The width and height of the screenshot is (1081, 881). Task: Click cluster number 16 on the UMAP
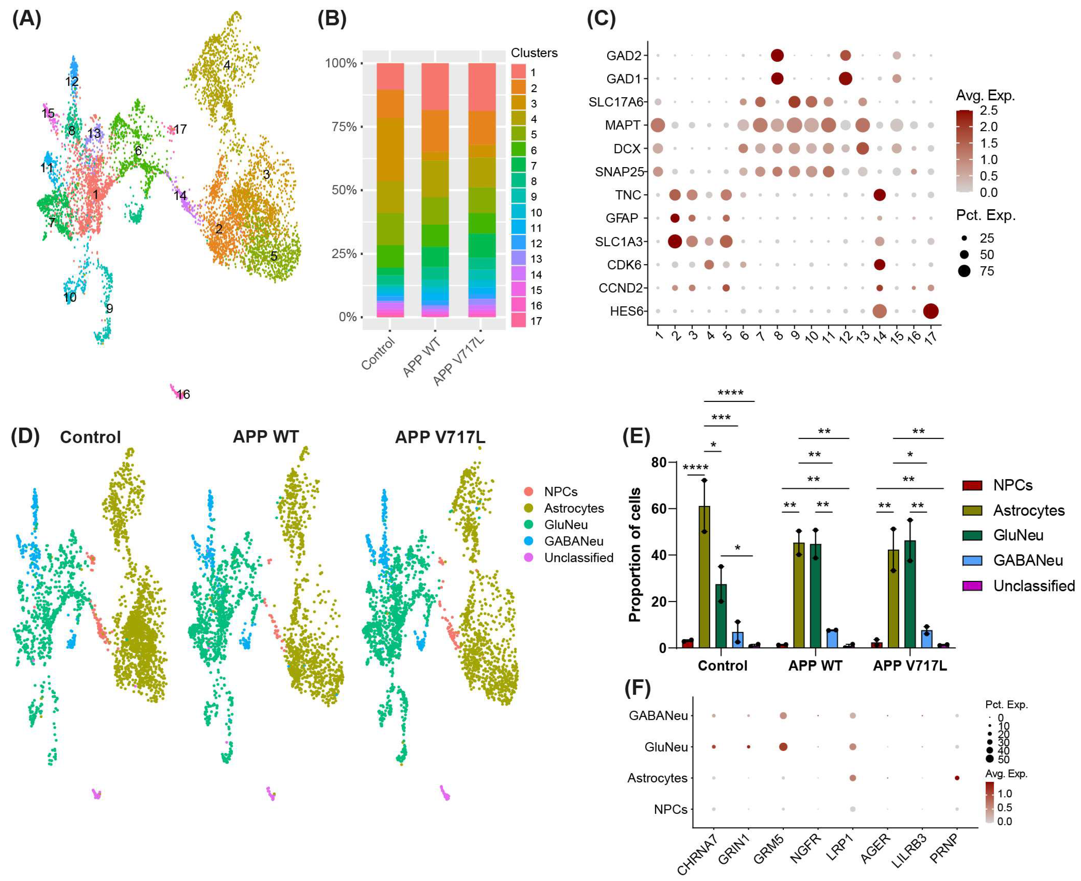[183, 394]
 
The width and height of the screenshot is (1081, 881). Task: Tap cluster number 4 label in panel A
[227, 65]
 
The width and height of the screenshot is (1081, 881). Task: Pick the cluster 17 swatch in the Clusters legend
[518, 321]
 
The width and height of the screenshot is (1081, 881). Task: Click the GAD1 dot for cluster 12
[845, 79]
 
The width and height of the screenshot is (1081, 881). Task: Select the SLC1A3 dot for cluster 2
[675, 242]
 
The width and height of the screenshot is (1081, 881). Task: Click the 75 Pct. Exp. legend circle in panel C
[964, 271]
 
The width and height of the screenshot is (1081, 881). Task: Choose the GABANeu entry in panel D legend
[573, 541]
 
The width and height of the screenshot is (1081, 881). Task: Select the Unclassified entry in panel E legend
[1033, 586]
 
